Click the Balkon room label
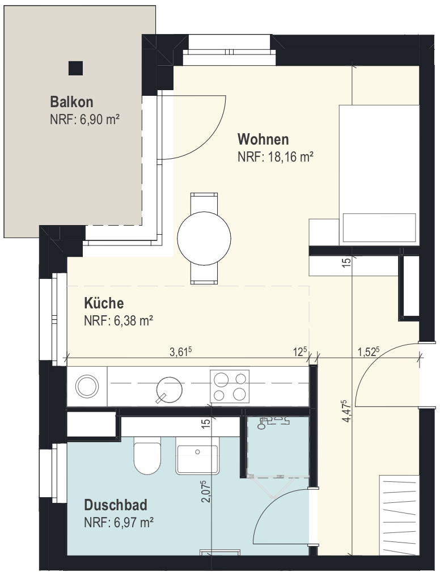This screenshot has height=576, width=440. click(71, 101)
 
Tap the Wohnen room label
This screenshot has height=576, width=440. click(263, 139)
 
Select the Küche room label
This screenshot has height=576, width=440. click(104, 303)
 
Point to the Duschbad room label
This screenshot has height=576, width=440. click(116, 505)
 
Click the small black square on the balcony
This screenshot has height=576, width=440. click(75, 68)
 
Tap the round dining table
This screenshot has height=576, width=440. click(204, 238)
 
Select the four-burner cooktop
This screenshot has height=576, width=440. click(230, 386)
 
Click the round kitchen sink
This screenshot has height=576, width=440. click(170, 389)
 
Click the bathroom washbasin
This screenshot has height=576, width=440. click(197, 456)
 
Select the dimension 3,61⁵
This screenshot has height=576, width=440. click(181, 351)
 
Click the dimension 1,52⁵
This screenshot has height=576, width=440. click(369, 351)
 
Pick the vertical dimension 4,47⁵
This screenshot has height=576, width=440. click(346, 412)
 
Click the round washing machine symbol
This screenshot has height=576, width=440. click(87, 386)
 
